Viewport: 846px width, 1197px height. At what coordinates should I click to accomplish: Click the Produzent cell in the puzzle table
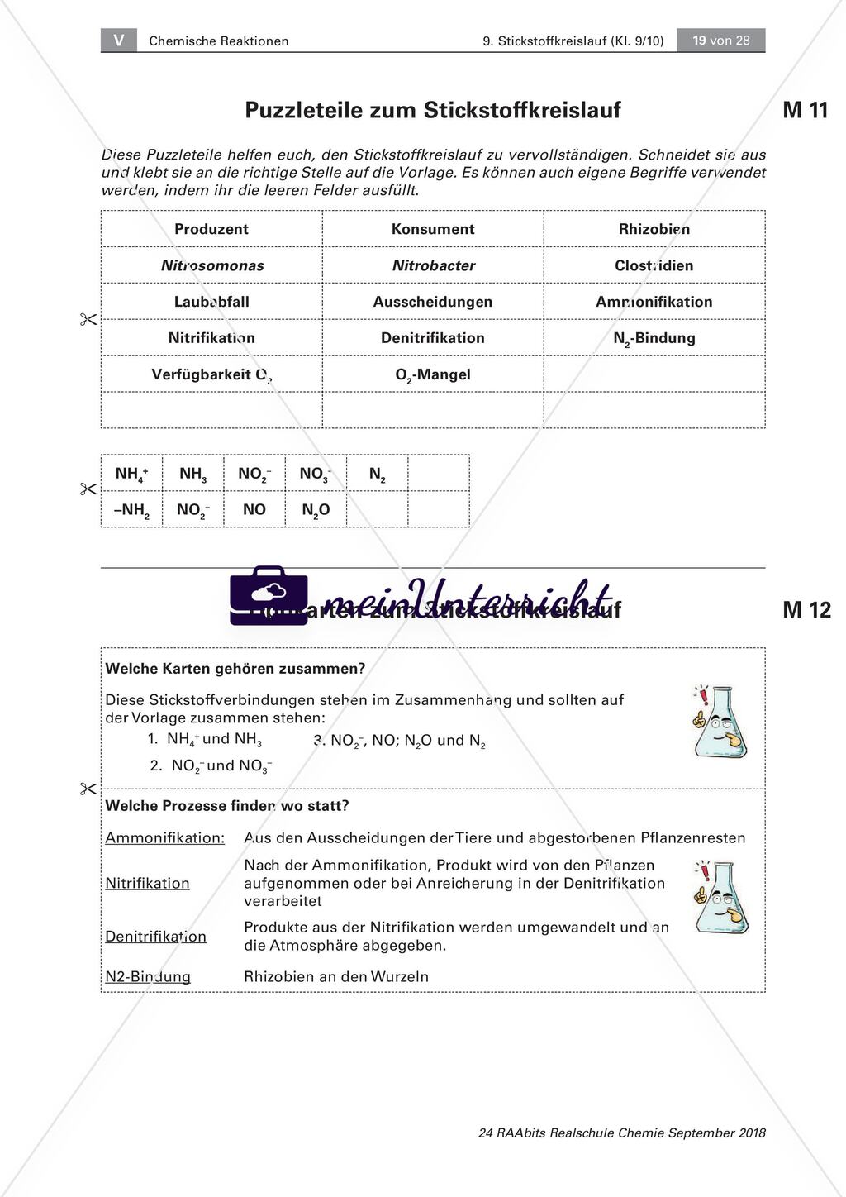(x=211, y=229)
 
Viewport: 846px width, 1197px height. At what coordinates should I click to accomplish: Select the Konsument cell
(x=433, y=229)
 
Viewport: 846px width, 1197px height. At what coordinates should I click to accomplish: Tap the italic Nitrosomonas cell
(x=212, y=265)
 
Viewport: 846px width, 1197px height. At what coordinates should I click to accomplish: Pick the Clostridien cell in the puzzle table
(x=654, y=265)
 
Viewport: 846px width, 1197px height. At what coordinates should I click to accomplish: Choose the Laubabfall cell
(x=211, y=302)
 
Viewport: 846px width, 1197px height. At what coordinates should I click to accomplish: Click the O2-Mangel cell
(x=433, y=374)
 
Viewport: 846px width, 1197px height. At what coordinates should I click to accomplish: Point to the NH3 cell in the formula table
(x=193, y=474)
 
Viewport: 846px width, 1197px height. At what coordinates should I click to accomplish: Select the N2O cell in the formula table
(x=316, y=510)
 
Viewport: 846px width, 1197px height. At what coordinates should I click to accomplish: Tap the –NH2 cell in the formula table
(x=132, y=510)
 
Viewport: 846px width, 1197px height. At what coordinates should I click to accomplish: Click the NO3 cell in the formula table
(x=315, y=474)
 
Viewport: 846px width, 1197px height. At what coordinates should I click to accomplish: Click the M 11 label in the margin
(x=805, y=111)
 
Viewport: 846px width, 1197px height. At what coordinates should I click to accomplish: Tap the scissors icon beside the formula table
(x=88, y=489)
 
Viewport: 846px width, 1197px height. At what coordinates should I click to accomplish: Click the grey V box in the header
(x=119, y=40)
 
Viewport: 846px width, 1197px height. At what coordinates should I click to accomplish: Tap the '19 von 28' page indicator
(x=720, y=40)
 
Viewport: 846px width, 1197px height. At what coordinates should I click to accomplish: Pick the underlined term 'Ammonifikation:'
(x=165, y=838)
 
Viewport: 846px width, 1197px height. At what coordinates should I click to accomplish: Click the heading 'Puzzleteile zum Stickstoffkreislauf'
(x=433, y=110)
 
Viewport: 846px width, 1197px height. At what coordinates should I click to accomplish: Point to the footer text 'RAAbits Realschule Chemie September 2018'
(x=621, y=1133)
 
